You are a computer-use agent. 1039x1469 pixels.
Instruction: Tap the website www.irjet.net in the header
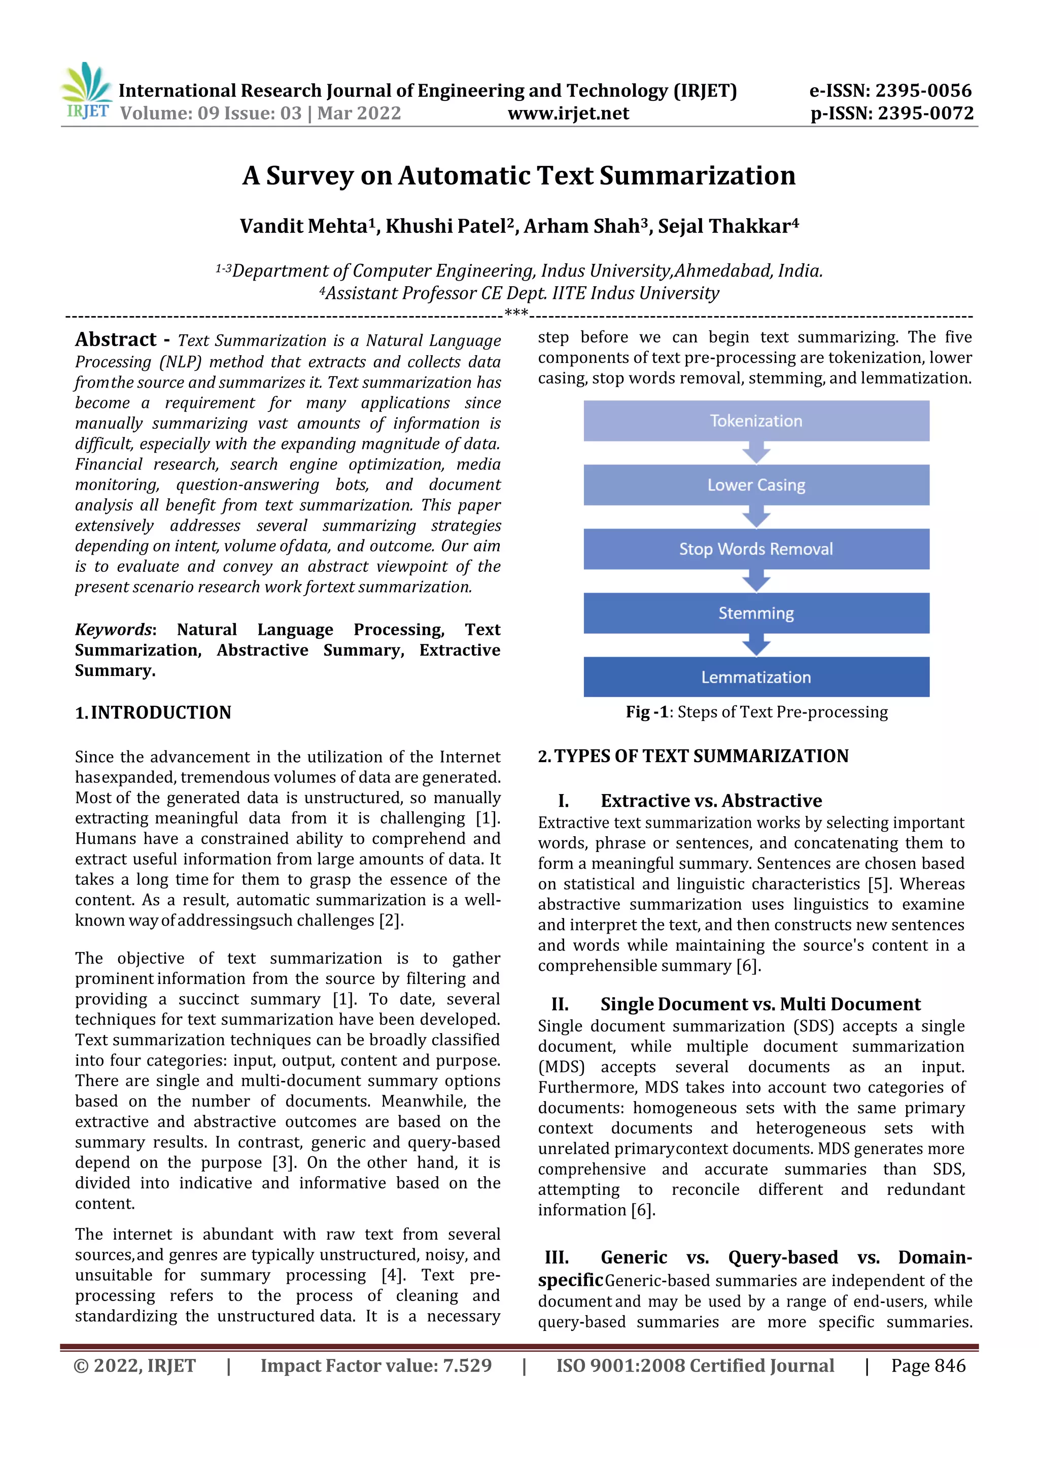(x=568, y=114)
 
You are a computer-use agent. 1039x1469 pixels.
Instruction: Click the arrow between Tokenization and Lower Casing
(x=756, y=453)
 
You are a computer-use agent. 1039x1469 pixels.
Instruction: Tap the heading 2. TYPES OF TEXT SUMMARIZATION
(x=693, y=756)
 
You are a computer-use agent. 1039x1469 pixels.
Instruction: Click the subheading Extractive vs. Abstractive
(x=711, y=801)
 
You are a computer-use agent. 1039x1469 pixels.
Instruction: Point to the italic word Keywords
(x=113, y=630)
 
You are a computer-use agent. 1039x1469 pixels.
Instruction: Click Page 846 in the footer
(x=928, y=1366)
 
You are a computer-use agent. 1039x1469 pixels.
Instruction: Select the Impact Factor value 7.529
(x=467, y=1366)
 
